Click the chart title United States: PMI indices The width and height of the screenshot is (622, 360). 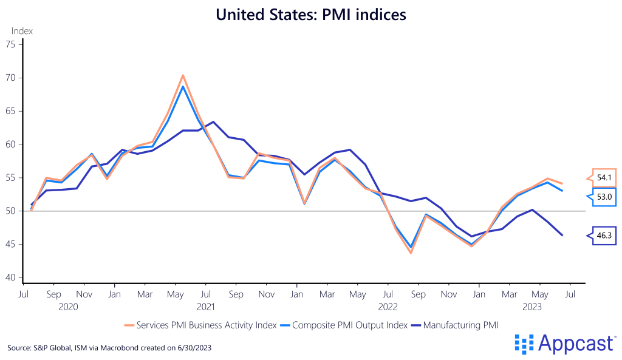click(x=311, y=14)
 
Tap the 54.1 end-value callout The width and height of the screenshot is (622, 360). click(x=603, y=178)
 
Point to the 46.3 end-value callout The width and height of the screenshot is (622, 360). click(x=603, y=236)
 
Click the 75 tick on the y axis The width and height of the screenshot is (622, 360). click(x=10, y=44)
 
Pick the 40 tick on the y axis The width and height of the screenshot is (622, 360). click(x=10, y=277)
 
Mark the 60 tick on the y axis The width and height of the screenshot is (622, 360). click(x=10, y=144)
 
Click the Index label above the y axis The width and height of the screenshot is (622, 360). click(x=22, y=31)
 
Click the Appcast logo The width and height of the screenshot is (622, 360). click(x=565, y=344)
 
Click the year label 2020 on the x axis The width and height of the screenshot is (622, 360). click(x=68, y=307)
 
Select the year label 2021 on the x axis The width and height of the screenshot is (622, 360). click(x=206, y=307)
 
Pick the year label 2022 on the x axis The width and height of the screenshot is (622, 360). click(x=388, y=307)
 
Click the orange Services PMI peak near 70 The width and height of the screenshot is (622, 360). click(x=183, y=75)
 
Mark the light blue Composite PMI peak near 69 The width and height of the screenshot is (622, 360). click(x=183, y=86)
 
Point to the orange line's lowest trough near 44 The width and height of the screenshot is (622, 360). click(x=411, y=253)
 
